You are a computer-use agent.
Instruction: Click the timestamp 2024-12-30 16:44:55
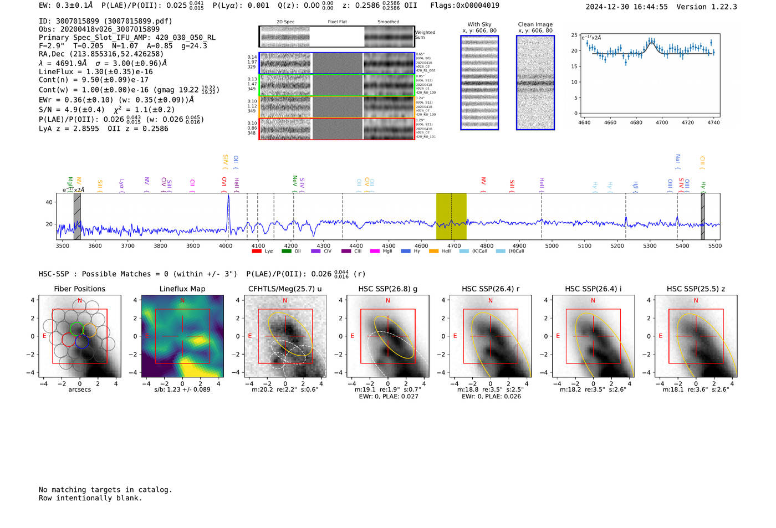click(x=626, y=7)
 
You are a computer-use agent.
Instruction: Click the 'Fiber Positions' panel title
click(x=79, y=289)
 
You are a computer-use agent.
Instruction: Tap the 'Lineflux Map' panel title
click(x=182, y=289)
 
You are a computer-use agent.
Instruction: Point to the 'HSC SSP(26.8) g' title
click(x=388, y=289)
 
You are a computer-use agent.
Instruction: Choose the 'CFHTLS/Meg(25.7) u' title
click(x=285, y=289)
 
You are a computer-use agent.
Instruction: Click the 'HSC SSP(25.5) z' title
click(x=696, y=289)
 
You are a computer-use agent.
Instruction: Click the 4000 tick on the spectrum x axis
click(x=226, y=246)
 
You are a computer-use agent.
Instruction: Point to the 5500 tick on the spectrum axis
click(x=715, y=246)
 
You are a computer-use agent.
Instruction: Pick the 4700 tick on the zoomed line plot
click(x=662, y=122)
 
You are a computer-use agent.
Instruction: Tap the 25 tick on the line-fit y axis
click(x=574, y=35)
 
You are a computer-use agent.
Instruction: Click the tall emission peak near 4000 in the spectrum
click(x=228, y=197)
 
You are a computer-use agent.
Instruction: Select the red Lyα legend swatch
click(x=257, y=252)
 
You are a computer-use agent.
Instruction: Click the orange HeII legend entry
click(x=440, y=252)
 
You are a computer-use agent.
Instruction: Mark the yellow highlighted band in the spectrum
click(x=451, y=216)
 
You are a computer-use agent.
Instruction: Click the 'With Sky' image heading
click(x=479, y=24)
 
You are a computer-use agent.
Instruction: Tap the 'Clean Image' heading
click(x=535, y=24)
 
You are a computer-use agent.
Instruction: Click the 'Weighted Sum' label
click(x=425, y=35)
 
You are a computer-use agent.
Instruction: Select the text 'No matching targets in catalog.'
click(x=105, y=490)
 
